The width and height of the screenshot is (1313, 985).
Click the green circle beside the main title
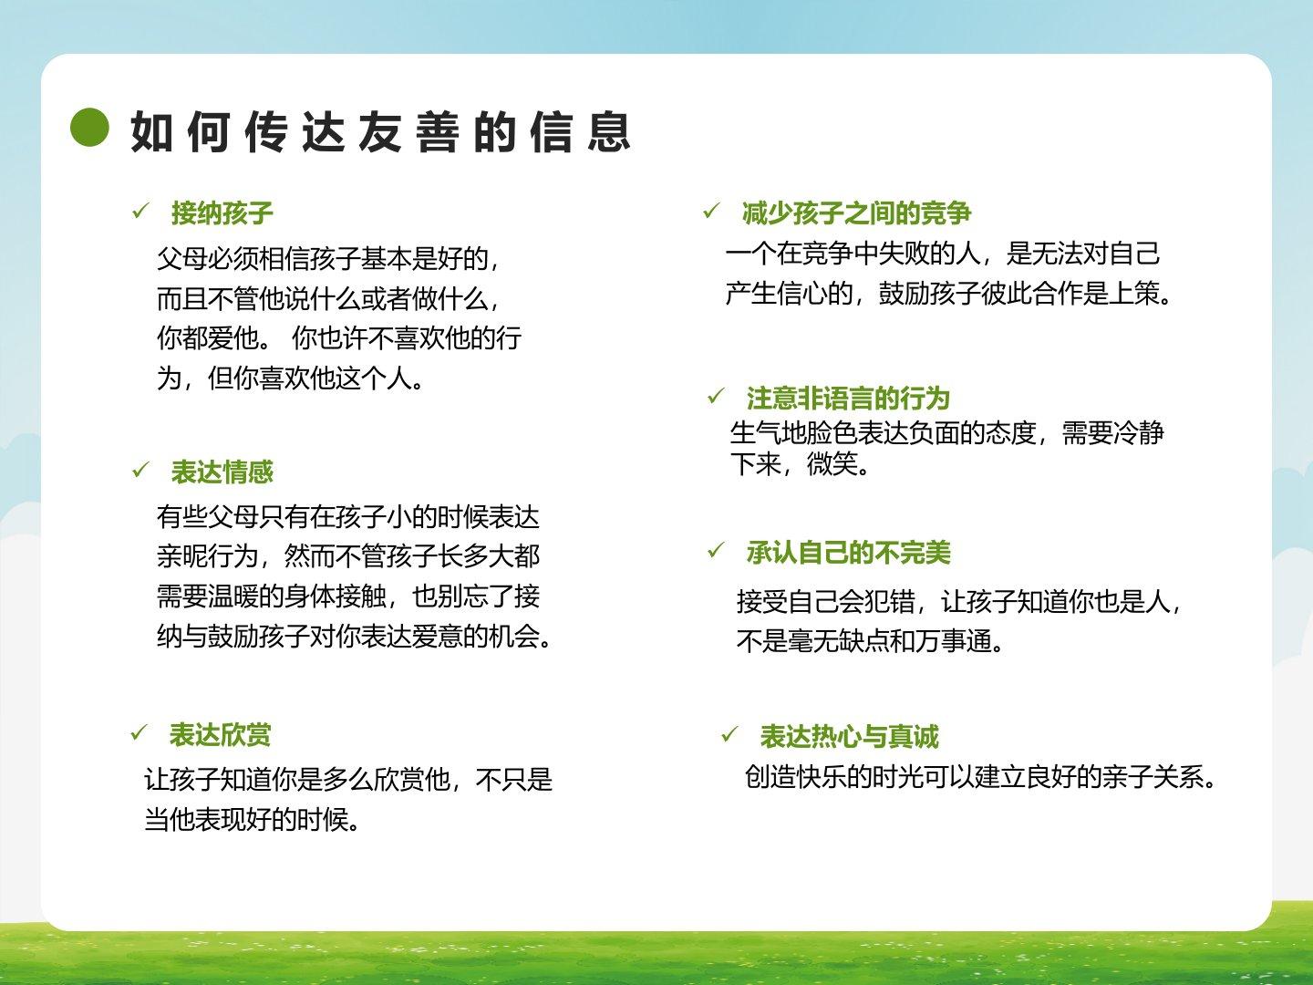coord(89,127)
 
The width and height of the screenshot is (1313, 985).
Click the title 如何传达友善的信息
coord(381,131)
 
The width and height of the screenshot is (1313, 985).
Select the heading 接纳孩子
coord(222,213)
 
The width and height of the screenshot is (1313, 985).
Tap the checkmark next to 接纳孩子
coord(140,211)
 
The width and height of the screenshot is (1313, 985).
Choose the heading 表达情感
coord(222,472)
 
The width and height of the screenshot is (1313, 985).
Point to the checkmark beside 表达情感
coord(140,470)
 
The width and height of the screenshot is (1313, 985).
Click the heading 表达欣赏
coord(220,735)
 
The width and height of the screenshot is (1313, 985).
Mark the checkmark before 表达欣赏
coord(139,732)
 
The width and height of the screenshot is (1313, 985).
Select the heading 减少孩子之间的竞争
coord(856,213)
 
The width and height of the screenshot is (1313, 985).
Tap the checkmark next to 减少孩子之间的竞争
coord(711,211)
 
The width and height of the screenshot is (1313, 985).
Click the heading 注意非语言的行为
coord(848,399)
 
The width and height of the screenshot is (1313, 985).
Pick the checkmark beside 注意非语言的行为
coord(716,396)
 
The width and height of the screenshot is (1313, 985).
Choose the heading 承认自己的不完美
coord(848,553)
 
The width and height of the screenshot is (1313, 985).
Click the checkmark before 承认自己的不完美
coord(716,550)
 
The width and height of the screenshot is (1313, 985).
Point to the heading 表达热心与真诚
coord(850,736)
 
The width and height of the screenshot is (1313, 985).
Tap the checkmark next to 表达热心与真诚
coord(729,734)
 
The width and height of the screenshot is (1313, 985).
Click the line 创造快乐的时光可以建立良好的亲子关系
coord(980,777)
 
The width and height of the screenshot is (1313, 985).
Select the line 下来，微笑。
coord(800,463)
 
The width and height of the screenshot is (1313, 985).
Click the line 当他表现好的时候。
coord(253,819)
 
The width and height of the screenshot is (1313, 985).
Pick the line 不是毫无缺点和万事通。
coord(871,641)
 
